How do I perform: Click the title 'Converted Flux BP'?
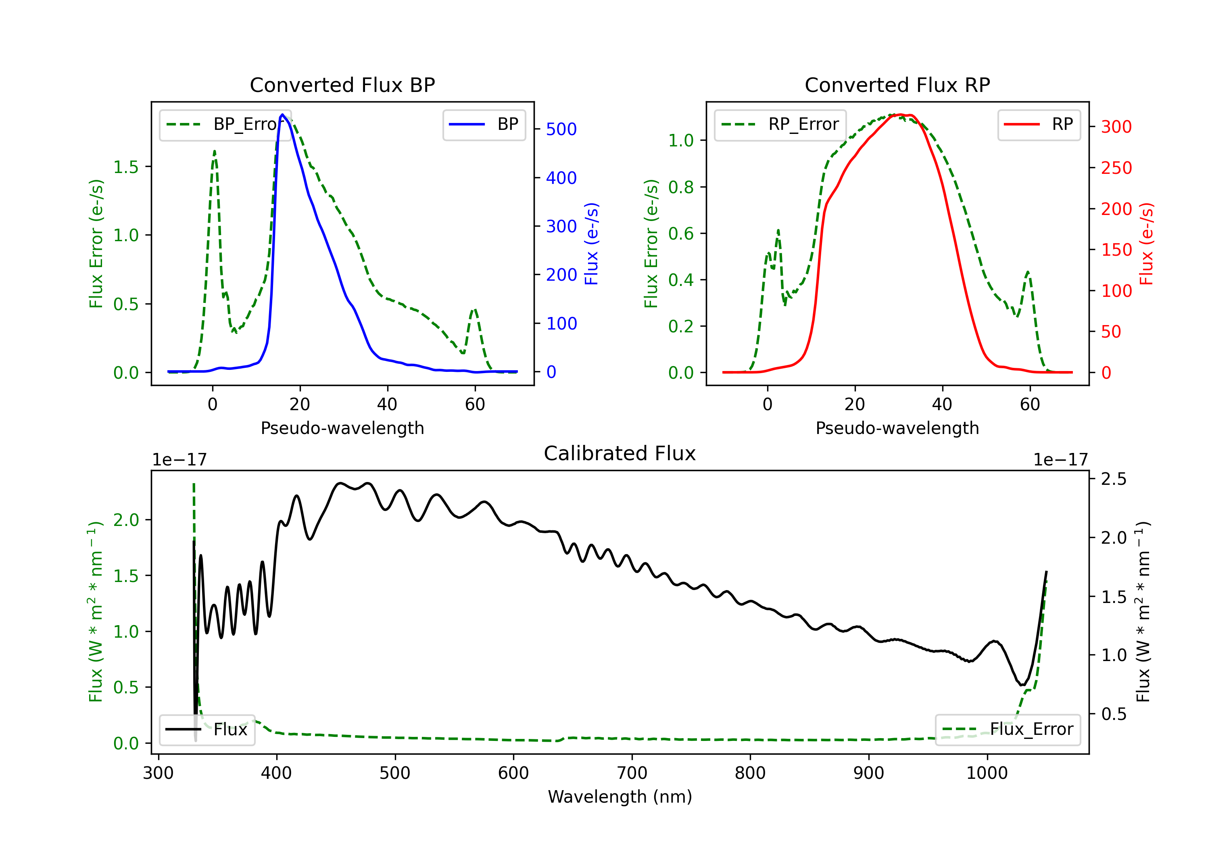pyautogui.click(x=342, y=85)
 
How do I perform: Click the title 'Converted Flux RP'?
pyautogui.click(x=897, y=85)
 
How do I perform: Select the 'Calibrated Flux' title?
pyautogui.click(x=620, y=453)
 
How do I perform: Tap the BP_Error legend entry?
pyautogui.click(x=225, y=124)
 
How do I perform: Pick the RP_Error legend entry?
pyautogui.click(x=780, y=124)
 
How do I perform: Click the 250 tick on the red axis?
pyautogui.click(x=1116, y=168)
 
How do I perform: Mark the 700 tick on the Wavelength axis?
pyautogui.click(x=632, y=773)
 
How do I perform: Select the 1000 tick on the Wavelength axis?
pyautogui.click(x=987, y=773)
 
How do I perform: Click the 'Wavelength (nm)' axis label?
pyautogui.click(x=620, y=797)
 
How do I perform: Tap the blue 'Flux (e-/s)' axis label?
pyautogui.click(x=592, y=244)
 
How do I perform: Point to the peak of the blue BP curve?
pyautogui.click(x=282, y=115)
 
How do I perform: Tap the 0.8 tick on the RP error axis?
pyautogui.click(x=680, y=187)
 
